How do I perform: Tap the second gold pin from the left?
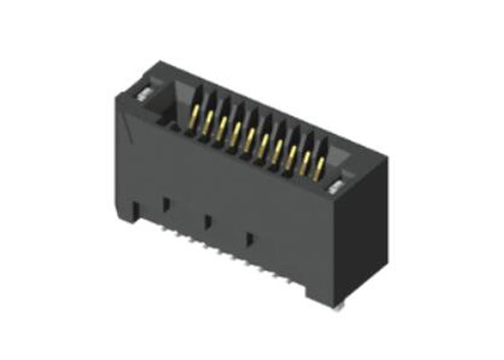tap(206, 123)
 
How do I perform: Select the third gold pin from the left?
tap(221, 128)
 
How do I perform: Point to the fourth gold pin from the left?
tap(236, 132)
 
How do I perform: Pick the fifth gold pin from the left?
tap(250, 137)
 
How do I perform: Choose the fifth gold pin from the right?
tap(264, 143)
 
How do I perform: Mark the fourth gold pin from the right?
tap(278, 148)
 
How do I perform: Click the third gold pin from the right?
tap(292, 154)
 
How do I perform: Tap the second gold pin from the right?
tap(306, 159)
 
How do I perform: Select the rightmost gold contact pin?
tap(319, 166)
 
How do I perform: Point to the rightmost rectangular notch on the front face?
tap(250, 238)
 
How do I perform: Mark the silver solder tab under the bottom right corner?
tap(335, 307)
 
